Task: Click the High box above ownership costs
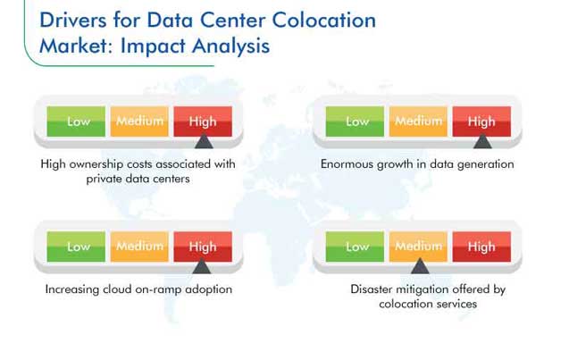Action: [x=203, y=121]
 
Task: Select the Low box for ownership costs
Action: [x=76, y=121]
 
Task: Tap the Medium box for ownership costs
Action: [x=139, y=121]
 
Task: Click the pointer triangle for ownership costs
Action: [x=204, y=141]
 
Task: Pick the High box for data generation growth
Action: [x=481, y=121]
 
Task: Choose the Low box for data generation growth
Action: [x=355, y=121]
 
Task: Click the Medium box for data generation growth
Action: [x=418, y=121]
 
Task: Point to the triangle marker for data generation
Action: [x=482, y=141]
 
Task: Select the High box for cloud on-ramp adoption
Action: [x=203, y=247]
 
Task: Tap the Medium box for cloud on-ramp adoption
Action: [x=139, y=247]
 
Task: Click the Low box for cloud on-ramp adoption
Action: [x=76, y=247]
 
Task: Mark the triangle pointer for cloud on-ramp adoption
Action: [x=202, y=266]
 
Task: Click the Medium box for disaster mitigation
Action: [x=418, y=247]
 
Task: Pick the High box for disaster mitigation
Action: [x=481, y=247]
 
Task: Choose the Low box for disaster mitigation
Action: [x=355, y=247]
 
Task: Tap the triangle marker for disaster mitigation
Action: [x=420, y=266]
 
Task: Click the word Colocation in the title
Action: [x=324, y=20]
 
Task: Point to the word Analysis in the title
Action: [x=230, y=46]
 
